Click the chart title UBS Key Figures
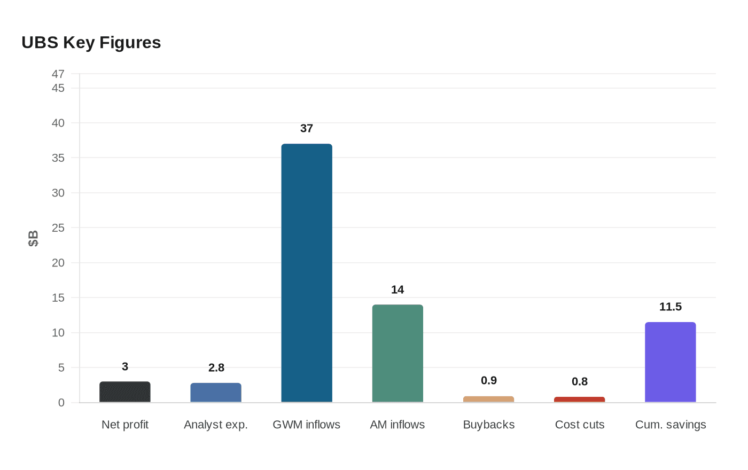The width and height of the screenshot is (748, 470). coord(91,42)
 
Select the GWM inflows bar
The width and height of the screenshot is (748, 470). coord(307,273)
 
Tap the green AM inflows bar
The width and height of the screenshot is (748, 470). coord(398,353)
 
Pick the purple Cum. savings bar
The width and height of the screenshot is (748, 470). coord(670,362)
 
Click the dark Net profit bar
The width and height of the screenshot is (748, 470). coord(125,392)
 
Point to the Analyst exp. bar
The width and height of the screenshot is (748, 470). coord(216,393)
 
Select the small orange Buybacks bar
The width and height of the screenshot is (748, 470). coord(488,399)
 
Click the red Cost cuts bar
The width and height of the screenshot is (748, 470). coord(579,399)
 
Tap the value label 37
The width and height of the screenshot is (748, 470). coord(307,128)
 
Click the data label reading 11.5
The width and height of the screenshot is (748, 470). coord(670,307)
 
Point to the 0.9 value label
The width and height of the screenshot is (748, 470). coord(488,380)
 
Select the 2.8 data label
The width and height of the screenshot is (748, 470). coord(216,367)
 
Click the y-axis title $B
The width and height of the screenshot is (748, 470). coord(33,238)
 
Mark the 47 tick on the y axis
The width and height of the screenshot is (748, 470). coord(58,74)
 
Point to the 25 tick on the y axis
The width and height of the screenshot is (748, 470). coord(58,228)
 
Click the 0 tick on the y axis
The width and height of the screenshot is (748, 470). coord(61,403)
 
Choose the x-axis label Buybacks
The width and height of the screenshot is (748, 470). coord(488,425)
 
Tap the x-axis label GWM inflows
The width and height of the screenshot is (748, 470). coord(307,425)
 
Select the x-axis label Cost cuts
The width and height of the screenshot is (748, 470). coord(579,425)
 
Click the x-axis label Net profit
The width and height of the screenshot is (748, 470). coord(125,425)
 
